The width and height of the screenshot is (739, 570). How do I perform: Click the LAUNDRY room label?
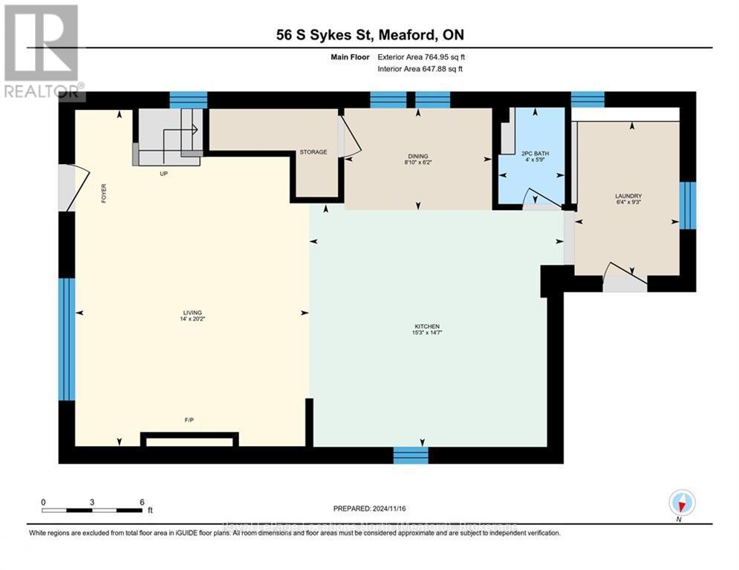(628, 196)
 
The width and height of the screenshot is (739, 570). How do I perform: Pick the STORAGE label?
(313, 152)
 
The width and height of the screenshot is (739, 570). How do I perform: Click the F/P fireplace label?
(189, 421)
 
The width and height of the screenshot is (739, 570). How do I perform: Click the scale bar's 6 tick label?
(142, 502)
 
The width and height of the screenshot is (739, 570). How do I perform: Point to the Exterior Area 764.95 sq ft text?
(421, 56)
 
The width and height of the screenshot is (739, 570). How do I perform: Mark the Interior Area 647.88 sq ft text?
(421, 69)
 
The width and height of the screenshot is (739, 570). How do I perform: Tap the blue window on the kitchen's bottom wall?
(411, 455)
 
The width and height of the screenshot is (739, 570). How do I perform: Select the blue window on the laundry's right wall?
(688, 206)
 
